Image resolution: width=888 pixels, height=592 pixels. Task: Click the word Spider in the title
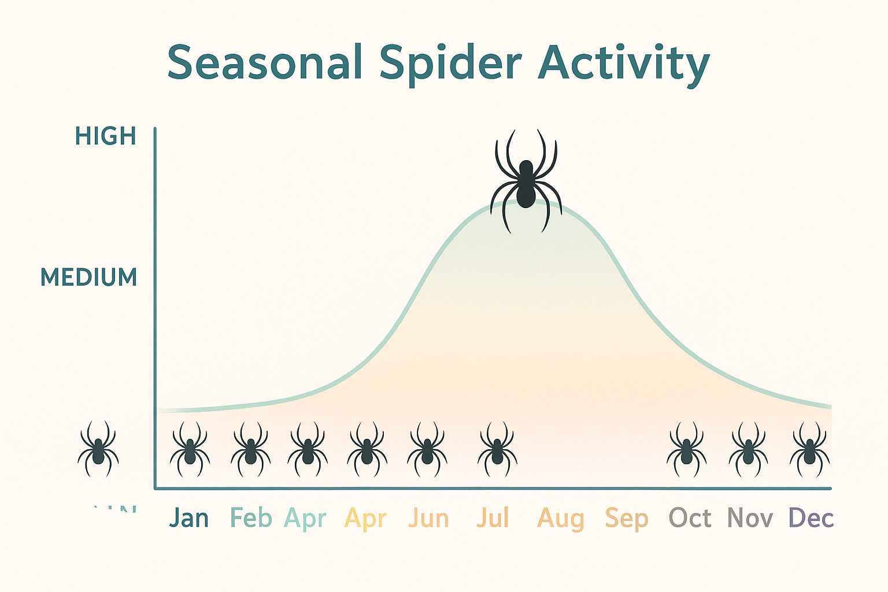pos(451,64)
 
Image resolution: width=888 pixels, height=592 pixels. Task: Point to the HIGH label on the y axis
pos(106,136)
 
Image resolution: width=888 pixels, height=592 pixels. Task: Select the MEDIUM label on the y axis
pos(89,277)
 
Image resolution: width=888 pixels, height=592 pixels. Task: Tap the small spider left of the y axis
pos(98,450)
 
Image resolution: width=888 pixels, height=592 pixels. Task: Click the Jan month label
pos(189,518)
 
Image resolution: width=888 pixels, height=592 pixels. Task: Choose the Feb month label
pos(251,518)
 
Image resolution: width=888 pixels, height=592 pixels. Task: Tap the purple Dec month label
pos(811,518)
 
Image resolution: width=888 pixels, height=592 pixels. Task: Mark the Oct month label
pos(690,518)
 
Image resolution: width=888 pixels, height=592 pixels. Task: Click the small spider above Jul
pos(497,450)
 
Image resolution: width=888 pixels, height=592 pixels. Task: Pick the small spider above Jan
pos(190,450)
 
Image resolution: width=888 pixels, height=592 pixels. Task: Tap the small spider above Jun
pos(427,450)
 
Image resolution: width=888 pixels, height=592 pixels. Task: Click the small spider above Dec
pos(810,450)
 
